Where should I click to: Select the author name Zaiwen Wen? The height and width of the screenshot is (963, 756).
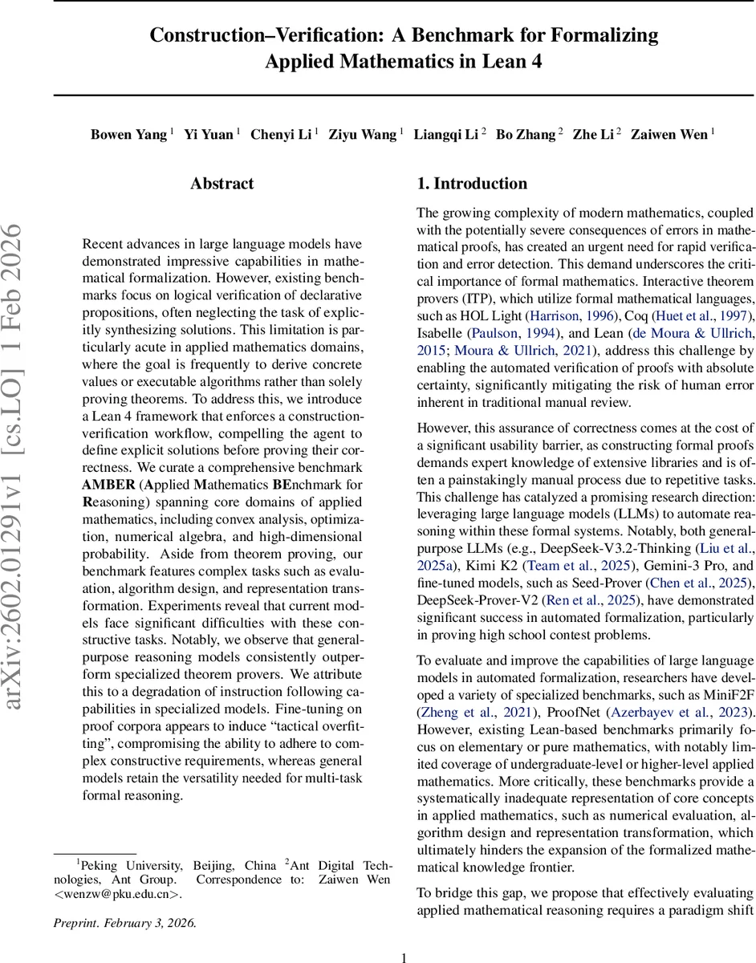tap(669, 134)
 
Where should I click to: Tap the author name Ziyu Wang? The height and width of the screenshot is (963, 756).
tap(362, 134)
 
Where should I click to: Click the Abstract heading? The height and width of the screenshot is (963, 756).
tap(222, 184)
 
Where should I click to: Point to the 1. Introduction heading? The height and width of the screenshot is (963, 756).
tap(472, 184)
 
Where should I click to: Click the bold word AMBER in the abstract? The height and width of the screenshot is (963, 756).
tap(108, 484)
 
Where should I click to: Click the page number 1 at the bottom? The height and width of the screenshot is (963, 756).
tap(404, 957)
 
